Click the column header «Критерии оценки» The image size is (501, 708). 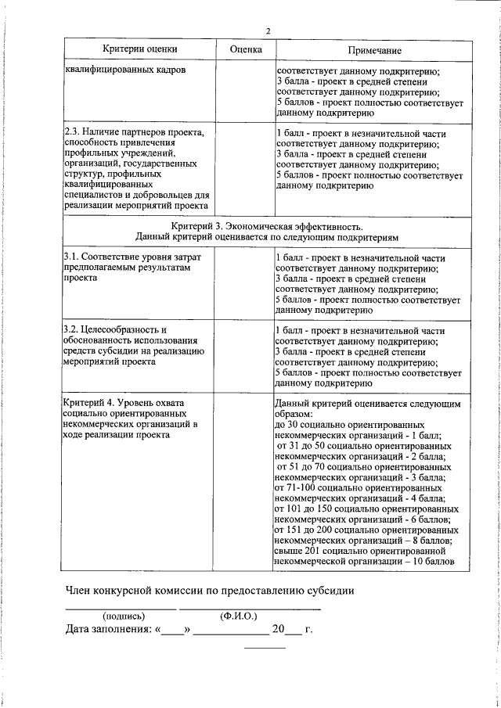139,49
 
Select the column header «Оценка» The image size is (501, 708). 245,49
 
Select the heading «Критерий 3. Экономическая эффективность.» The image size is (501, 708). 267,225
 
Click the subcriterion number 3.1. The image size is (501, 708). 72,257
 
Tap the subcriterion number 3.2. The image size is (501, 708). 72,331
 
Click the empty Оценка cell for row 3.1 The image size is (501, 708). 244,282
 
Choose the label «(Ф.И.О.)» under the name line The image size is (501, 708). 241,615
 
